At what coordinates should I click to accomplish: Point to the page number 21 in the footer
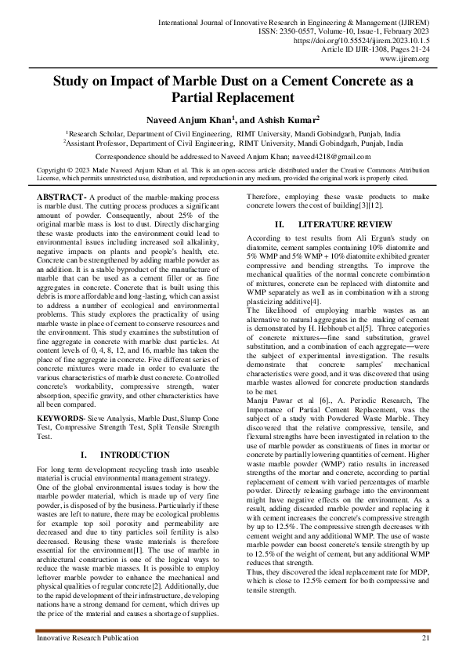tap(425, 640)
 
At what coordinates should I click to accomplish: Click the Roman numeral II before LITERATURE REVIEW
tap(281, 224)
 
